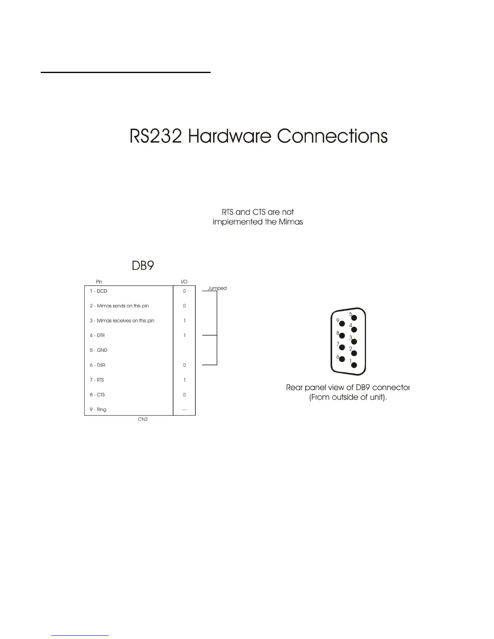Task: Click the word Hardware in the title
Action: [x=230, y=136]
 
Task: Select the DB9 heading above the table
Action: [x=143, y=266]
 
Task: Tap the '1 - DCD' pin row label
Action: [x=98, y=291]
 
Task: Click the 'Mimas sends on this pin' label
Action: [x=123, y=306]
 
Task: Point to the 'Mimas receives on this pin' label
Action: [x=126, y=321]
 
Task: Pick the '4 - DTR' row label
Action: [x=97, y=336]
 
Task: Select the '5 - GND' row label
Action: [x=98, y=350]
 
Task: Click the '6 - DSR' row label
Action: [x=97, y=365]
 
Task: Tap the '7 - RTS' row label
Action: [x=97, y=380]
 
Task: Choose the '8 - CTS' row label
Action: [x=97, y=395]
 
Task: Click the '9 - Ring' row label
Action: [x=98, y=409]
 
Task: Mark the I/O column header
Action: [x=184, y=282]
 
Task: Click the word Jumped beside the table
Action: [x=217, y=288]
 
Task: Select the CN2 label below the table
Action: [x=143, y=420]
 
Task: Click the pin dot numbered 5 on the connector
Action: [x=354, y=317]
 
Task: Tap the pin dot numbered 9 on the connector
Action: [x=342, y=324]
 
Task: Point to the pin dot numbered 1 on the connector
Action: [x=354, y=365]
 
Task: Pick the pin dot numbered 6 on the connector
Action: [x=342, y=359]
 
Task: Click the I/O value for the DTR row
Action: [x=184, y=336]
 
